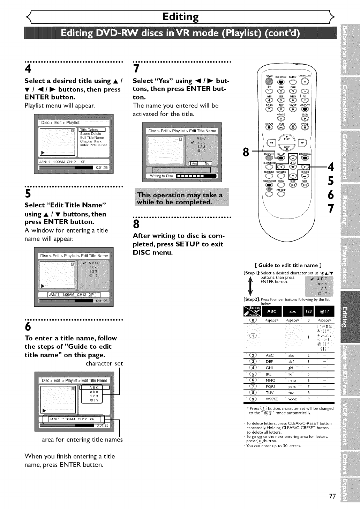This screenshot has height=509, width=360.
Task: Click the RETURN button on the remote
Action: (x=305, y=176)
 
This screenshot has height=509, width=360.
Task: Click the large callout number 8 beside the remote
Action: (x=246, y=152)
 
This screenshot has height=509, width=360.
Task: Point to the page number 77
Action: (x=332, y=496)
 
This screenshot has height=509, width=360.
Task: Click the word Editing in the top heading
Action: (x=180, y=16)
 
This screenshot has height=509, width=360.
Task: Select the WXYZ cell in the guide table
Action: (x=272, y=399)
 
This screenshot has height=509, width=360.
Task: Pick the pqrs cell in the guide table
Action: (x=292, y=386)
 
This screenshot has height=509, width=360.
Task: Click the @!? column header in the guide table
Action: (x=324, y=311)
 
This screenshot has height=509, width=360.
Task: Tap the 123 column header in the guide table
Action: (x=308, y=311)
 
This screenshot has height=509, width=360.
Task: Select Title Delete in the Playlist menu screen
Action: (x=89, y=130)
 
